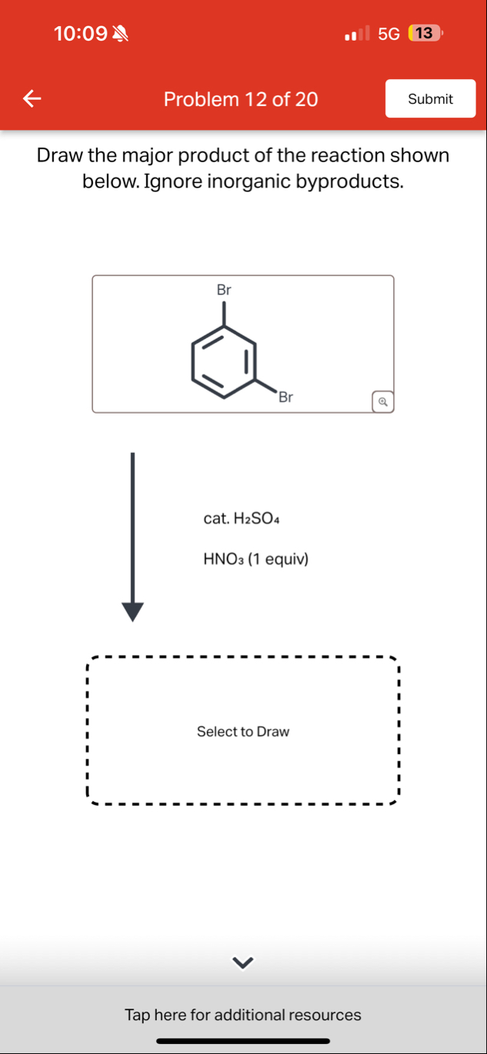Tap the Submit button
click(430, 99)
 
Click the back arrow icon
click(31, 98)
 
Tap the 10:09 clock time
click(81, 34)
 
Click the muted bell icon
click(122, 34)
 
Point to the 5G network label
click(389, 34)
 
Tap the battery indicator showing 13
click(425, 34)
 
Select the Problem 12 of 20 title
click(241, 99)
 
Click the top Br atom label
click(224, 291)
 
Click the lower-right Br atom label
click(286, 397)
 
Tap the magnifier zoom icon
click(382, 401)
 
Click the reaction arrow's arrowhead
click(132, 610)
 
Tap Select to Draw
click(243, 731)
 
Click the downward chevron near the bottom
click(243, 962)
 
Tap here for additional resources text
click(243, 1015)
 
